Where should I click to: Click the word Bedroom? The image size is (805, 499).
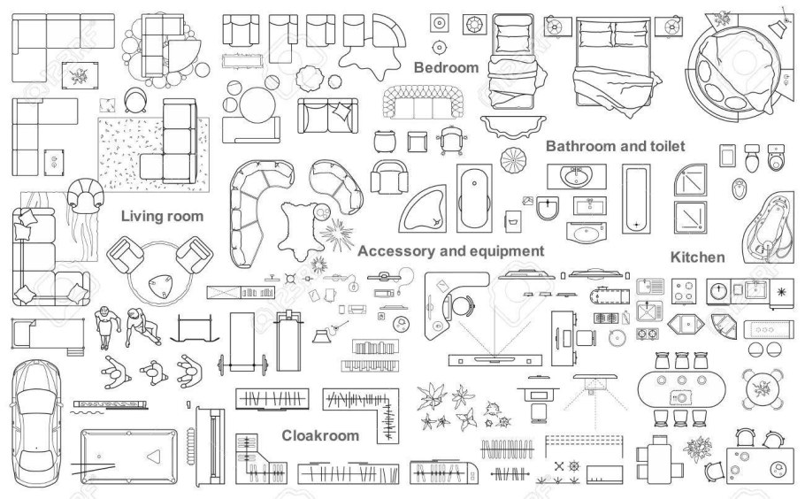446,67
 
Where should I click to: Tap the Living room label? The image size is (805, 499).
162,216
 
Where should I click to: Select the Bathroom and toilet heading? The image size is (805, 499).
615,146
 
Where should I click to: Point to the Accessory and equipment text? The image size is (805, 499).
451,251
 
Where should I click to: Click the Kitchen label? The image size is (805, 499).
698,257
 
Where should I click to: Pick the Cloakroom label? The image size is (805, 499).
320,435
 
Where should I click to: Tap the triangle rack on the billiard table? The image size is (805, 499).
154,456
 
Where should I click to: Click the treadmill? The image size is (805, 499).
289,341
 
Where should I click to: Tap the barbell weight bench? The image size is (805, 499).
243,342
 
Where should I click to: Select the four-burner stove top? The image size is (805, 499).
684,292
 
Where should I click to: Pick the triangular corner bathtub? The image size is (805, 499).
424,209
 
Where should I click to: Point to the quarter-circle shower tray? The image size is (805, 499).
690,180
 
